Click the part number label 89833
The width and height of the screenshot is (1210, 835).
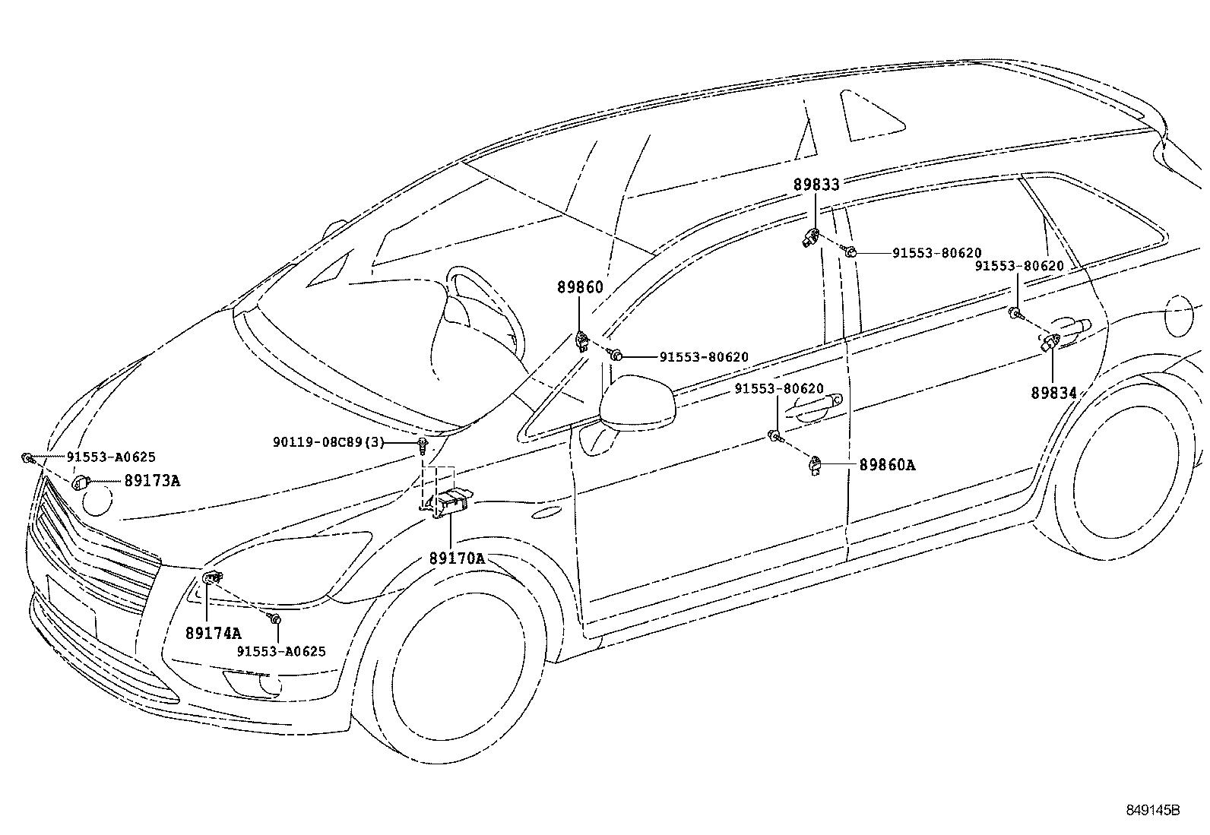coord(816,185)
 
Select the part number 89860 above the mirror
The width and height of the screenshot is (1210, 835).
coord(580,287)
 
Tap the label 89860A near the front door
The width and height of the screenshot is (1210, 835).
coord(887,465)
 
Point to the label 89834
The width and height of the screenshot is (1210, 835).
coord(1053,393)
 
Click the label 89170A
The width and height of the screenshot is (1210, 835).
coord(456,558)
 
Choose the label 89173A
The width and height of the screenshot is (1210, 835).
coord(152,481)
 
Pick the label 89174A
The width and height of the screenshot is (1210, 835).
coord(213,632)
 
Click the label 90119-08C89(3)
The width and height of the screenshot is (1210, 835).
coord(329,442)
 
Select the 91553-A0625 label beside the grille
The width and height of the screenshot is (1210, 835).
coord(111,457)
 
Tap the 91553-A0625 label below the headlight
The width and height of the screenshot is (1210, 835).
coord(281,651)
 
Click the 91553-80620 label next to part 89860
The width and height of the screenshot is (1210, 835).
coord(704,357)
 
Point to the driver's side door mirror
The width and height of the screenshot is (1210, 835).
coord(637,403)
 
